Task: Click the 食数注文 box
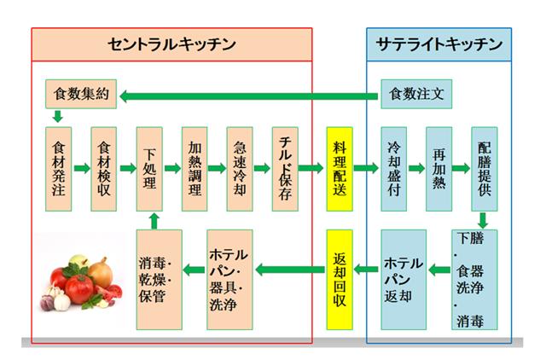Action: coord(415,91)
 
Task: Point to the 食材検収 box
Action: coord(104,169)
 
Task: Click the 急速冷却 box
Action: coord(241,169)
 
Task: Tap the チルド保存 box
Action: coord(285,169)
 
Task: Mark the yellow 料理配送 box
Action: coord(339,169)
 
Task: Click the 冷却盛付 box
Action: coord(393,169)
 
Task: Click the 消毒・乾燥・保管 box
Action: coord(160,281)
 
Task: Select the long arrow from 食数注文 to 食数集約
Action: coord(247,96)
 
